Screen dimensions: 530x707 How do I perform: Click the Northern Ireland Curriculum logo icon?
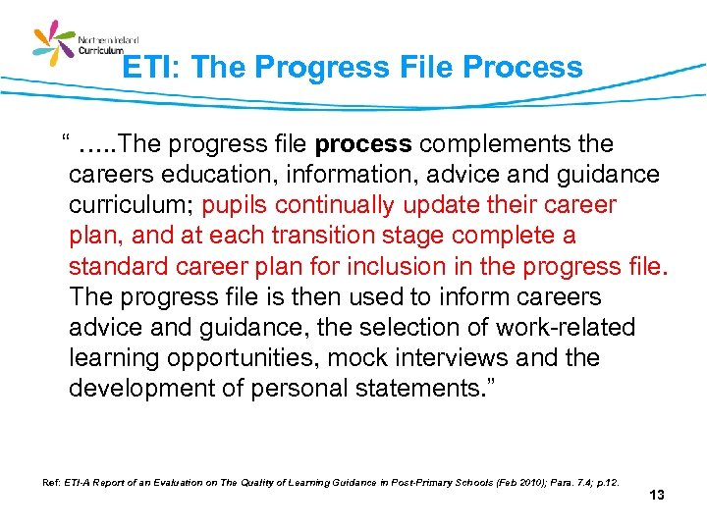click(54, 45)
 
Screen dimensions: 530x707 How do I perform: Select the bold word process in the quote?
click(363, 144)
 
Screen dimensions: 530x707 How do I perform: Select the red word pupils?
click(235, 205)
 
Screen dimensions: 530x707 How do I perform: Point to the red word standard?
click(119, 266)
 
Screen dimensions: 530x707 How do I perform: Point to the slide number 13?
click(657, 496)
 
